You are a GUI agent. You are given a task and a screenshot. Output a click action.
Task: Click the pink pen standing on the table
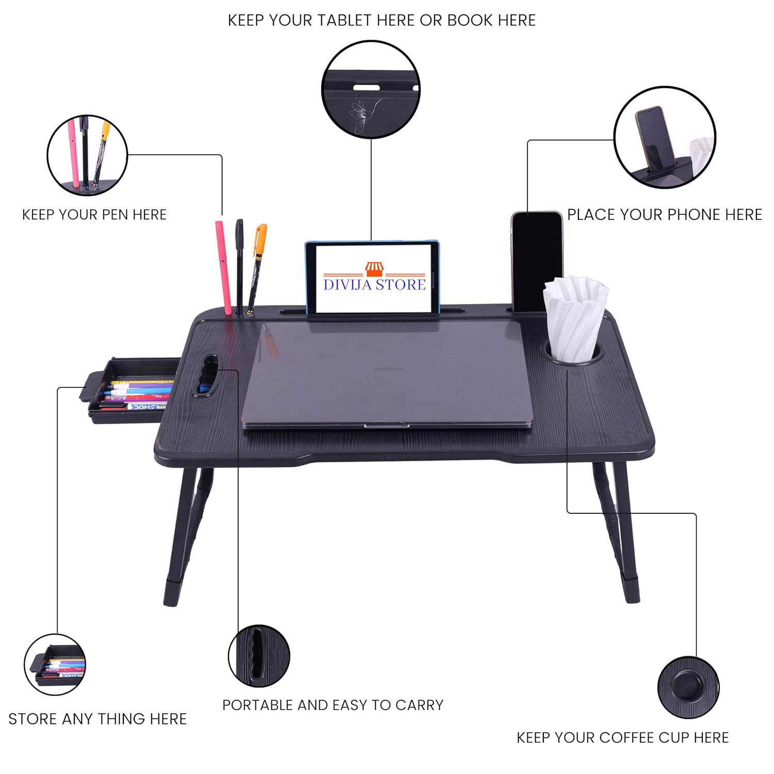coord(223,267)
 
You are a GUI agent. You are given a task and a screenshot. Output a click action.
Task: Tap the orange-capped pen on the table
coord(256,268)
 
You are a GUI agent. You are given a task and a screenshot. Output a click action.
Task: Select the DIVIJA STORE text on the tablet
coord(375,284)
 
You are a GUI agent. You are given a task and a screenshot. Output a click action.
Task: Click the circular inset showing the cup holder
coord(688,687)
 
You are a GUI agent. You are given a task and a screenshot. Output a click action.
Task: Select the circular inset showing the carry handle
coord(259,656)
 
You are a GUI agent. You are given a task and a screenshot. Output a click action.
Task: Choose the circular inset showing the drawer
coord(55,665)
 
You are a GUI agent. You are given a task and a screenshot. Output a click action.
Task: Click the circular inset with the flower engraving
coord(371,89)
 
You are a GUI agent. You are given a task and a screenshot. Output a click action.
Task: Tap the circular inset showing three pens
coord(87,155)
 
